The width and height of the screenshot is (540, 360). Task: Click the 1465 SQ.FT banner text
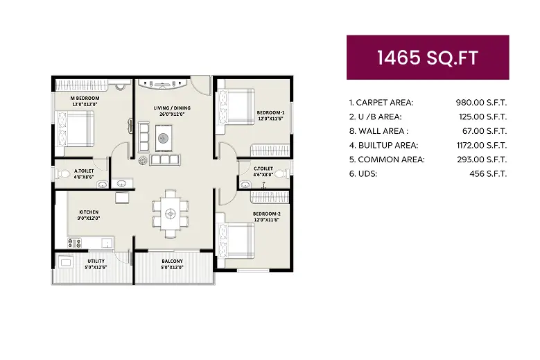427,58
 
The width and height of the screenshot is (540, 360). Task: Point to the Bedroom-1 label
270,112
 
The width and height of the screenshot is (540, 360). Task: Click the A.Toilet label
85,170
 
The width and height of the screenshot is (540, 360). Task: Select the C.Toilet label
263,169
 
